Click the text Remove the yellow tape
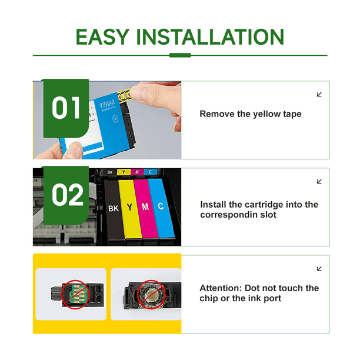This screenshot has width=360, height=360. pos(250,114)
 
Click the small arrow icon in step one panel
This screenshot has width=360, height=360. pos(319,95)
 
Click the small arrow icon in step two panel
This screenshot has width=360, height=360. pos(319,182)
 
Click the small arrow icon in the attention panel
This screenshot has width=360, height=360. pos(319,269)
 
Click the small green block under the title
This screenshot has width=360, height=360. pos(180,55)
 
